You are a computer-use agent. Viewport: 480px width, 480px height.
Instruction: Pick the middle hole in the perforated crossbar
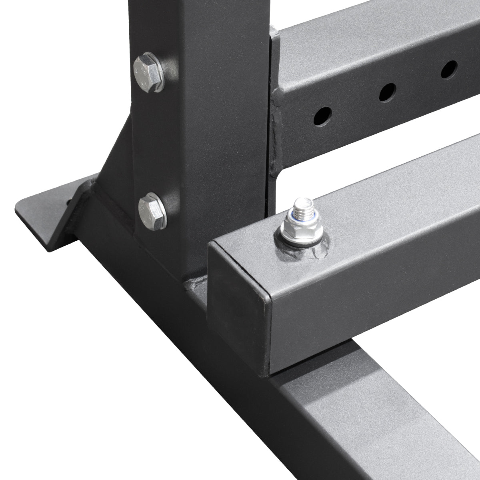[x=386, y=92]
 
